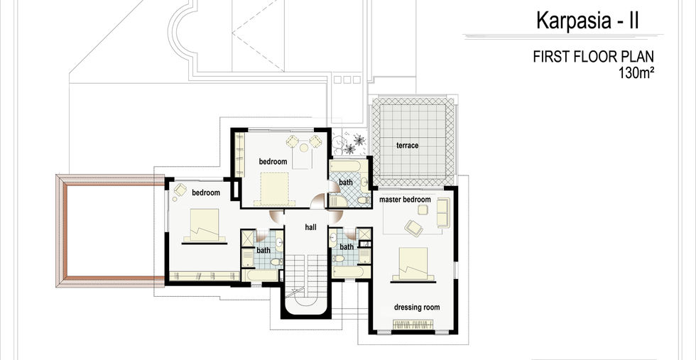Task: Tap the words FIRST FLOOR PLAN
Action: (593, 57)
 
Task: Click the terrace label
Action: (407, 146)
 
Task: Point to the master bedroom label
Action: (405, 200)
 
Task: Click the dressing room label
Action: (417, 307)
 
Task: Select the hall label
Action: (310, 227)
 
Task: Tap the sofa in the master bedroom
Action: (442, 212)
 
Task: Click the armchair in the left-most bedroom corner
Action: (180, 190)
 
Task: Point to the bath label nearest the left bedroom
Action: (263, 250)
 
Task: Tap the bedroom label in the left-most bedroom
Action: (206, 192)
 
